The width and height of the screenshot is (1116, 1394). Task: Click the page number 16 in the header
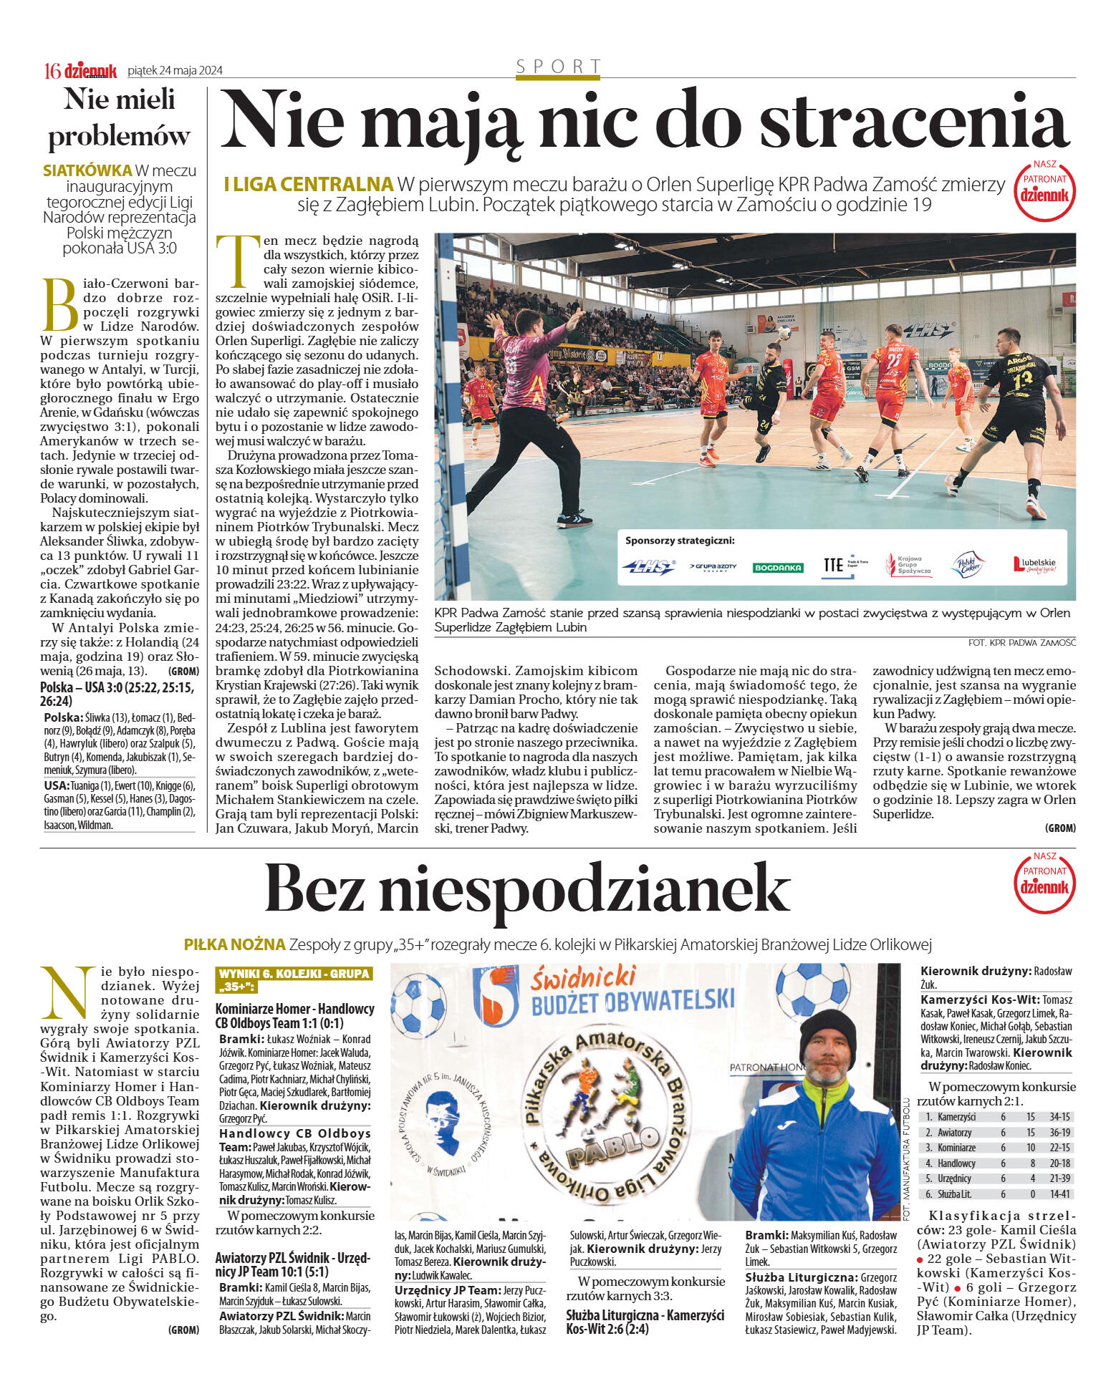52,70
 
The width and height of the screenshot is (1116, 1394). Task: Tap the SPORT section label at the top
558,67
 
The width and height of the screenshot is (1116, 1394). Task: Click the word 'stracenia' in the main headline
914,123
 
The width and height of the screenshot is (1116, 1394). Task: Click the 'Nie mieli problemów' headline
120,117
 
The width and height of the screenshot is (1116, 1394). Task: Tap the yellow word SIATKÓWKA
87,170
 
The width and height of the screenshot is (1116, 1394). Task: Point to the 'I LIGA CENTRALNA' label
309,185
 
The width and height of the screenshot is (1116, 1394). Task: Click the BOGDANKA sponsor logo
778,567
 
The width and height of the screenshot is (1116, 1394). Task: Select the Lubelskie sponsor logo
1034,565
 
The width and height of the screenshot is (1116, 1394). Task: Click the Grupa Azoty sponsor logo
713,566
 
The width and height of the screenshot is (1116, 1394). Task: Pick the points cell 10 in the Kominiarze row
1030,1148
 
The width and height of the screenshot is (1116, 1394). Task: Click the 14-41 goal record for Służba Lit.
1059,1194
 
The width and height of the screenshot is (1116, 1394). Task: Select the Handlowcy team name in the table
956,1163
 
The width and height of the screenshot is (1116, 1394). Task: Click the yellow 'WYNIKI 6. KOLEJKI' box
294,980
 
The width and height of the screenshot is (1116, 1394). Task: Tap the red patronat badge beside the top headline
1044,190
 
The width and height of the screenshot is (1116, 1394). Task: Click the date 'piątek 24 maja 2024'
175,70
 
